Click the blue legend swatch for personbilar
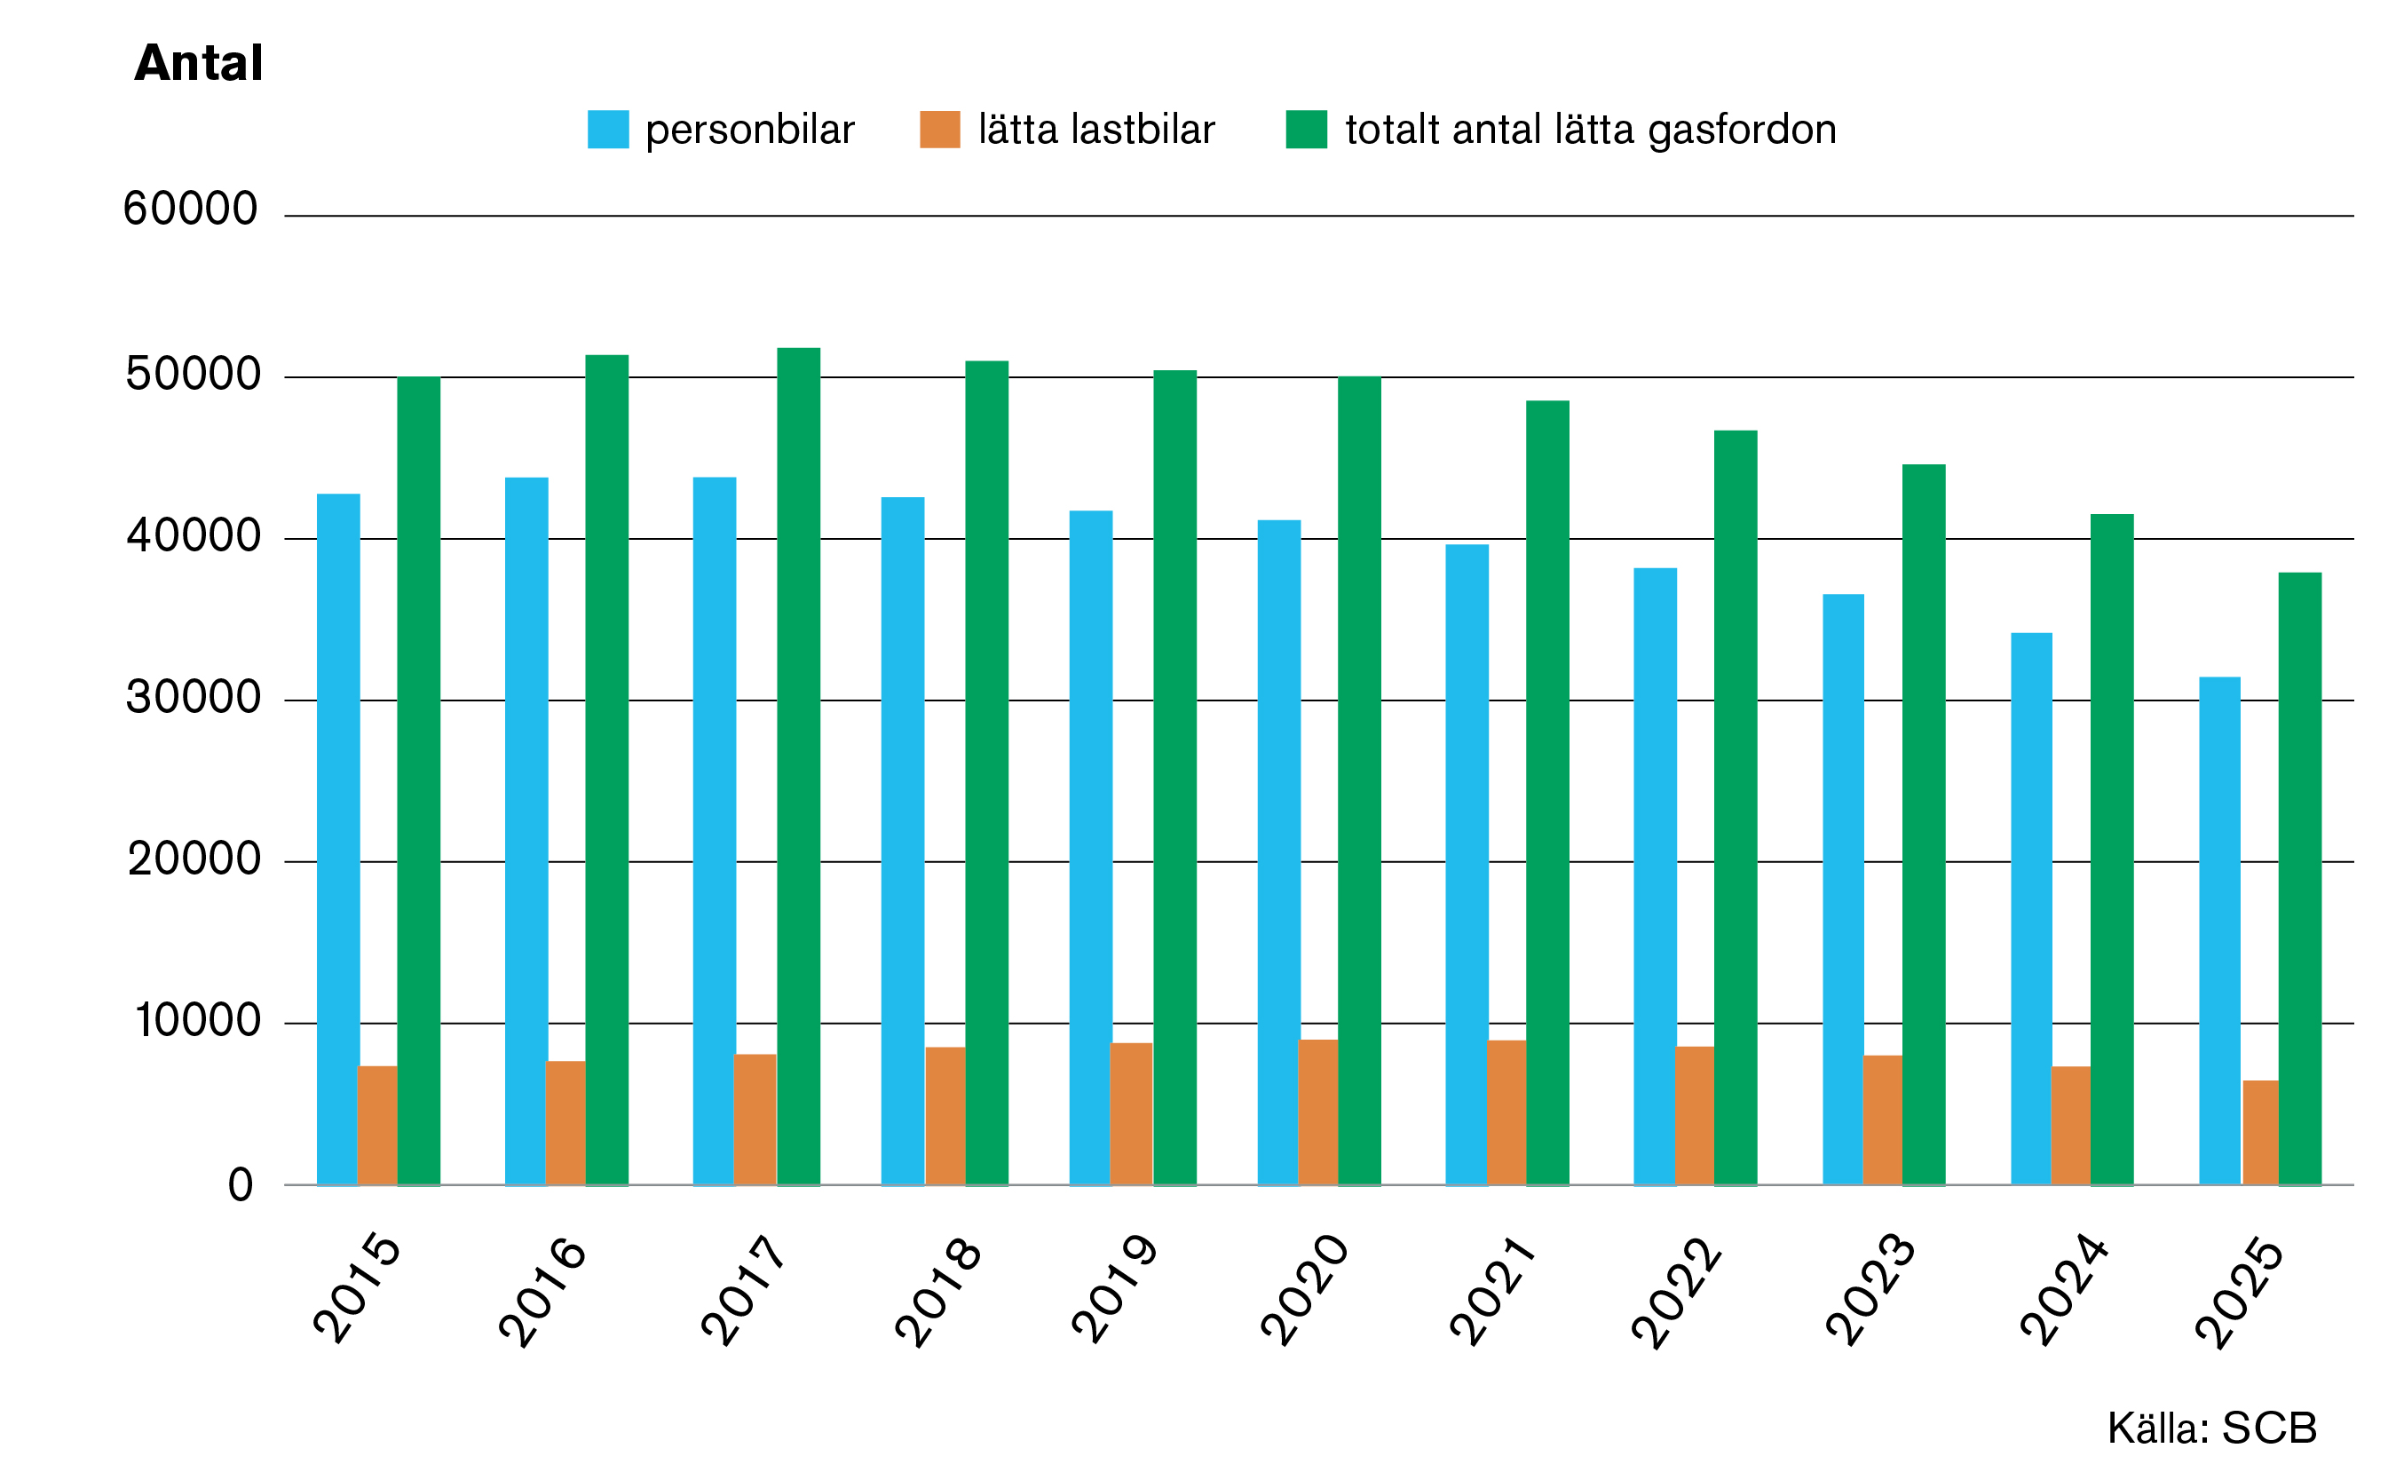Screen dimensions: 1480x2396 point(608,130)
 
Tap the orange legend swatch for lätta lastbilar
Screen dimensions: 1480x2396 point(939,130)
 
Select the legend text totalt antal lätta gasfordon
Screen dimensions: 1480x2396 point(1591,130)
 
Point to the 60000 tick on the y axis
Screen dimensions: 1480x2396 point(190,209)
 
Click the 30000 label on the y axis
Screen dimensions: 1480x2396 point(193,697)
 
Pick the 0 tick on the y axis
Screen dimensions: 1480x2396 point(240,1185)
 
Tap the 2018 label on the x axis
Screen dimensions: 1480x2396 point(937,1292)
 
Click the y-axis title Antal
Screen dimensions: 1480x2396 point(199,63)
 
